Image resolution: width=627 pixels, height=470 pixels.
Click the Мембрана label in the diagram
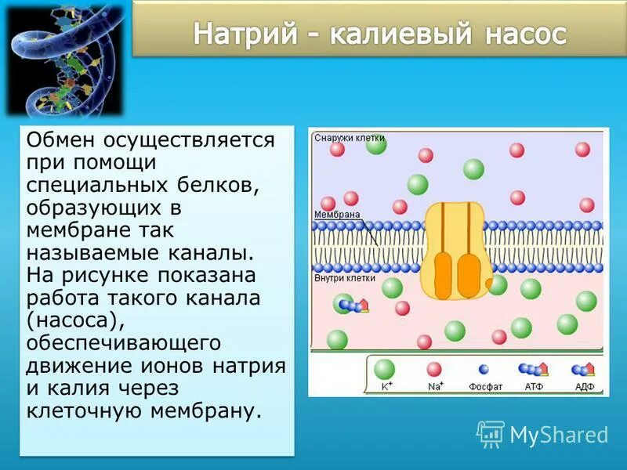click(x=337, y=214)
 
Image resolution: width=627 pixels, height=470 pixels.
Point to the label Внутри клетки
click(x=345, y=277)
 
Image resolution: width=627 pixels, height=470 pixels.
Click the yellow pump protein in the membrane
click(x=458, y=251)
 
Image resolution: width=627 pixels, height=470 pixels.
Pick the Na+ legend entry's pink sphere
click(x=434, y=370)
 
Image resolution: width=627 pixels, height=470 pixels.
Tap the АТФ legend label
click(x=534, y=386)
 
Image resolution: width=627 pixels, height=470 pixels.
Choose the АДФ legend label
click(x=584, y=386)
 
